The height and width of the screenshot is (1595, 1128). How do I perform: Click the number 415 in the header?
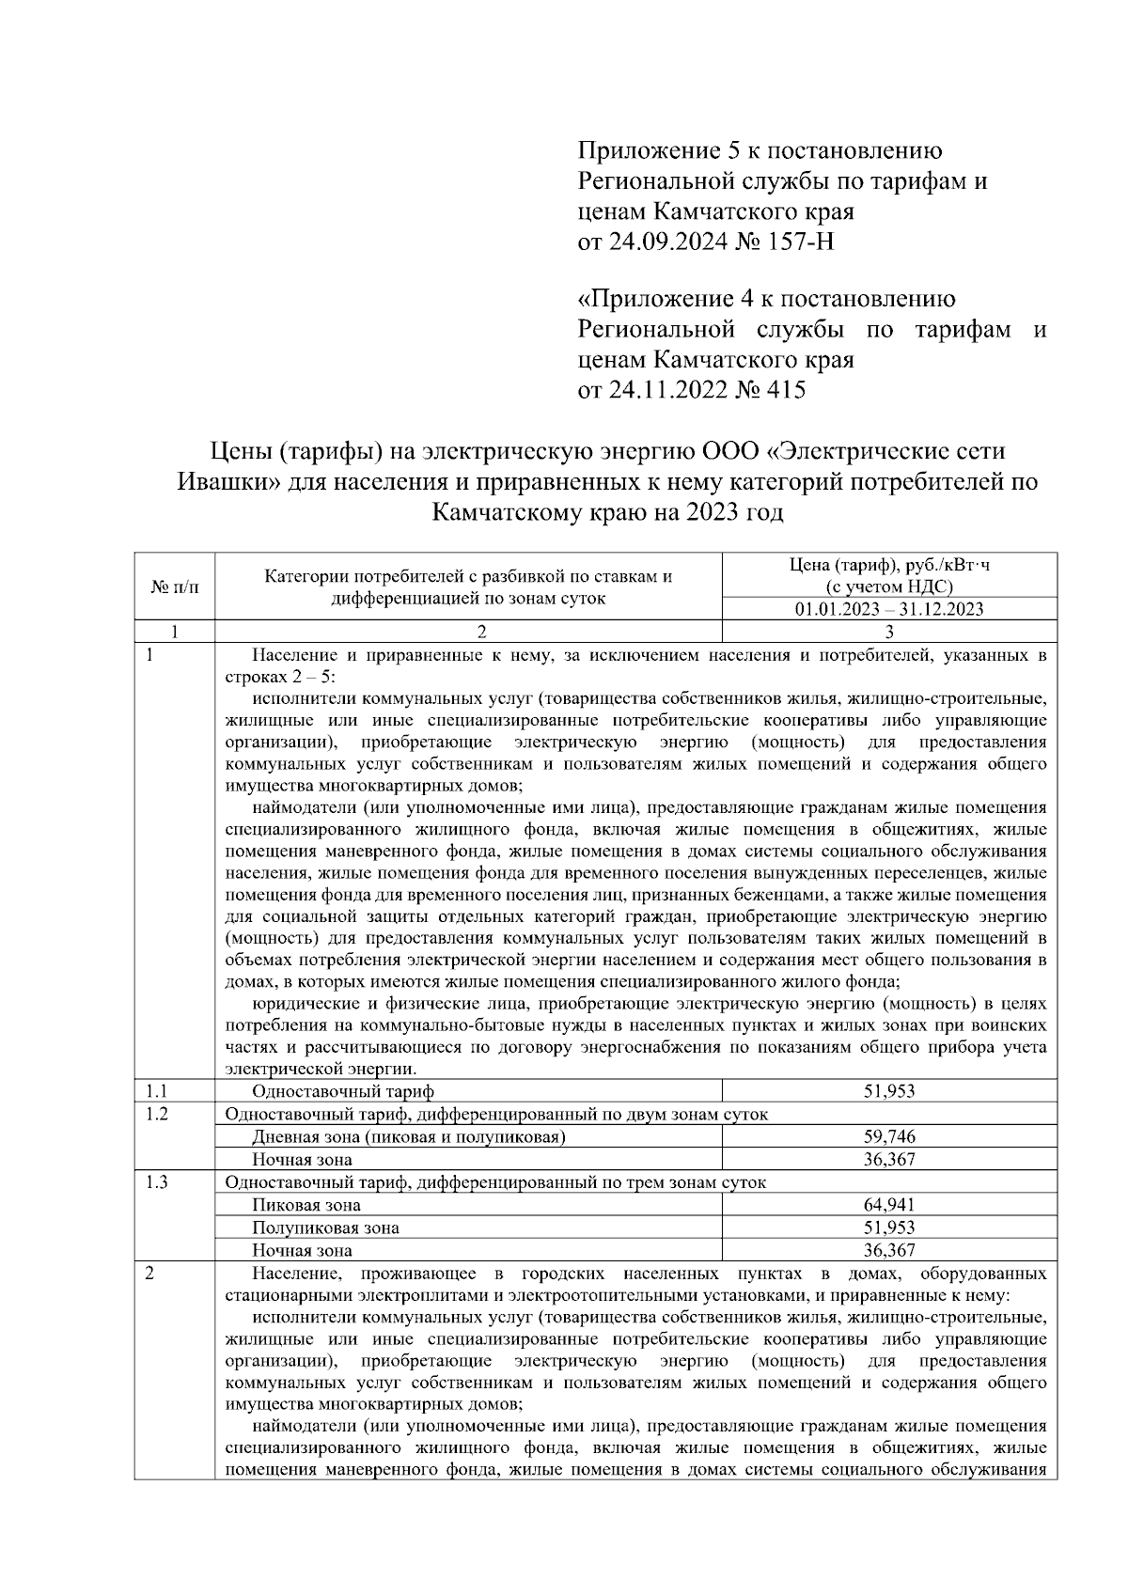click(786, 389)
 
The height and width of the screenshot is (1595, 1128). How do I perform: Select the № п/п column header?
click(174, 586)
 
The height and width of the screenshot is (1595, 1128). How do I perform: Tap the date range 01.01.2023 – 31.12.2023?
click(888, 609)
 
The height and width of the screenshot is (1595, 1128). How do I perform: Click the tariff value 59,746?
click(889, 1136)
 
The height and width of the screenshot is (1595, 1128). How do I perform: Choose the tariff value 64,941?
click(889, 1205)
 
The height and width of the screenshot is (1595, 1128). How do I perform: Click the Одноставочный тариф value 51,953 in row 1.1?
click(889, 1091)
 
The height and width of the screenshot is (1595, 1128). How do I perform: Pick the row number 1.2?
click(157, 1114)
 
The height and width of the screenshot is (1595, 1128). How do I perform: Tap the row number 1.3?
click(157, 1182)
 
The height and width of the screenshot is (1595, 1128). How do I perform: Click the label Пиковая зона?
click(305, 1205)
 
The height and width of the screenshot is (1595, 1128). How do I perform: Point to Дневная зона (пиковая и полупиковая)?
click(408, 1137)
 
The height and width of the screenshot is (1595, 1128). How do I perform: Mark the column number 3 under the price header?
click(889, 632)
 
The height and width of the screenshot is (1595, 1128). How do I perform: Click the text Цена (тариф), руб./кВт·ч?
click(888, 565)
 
